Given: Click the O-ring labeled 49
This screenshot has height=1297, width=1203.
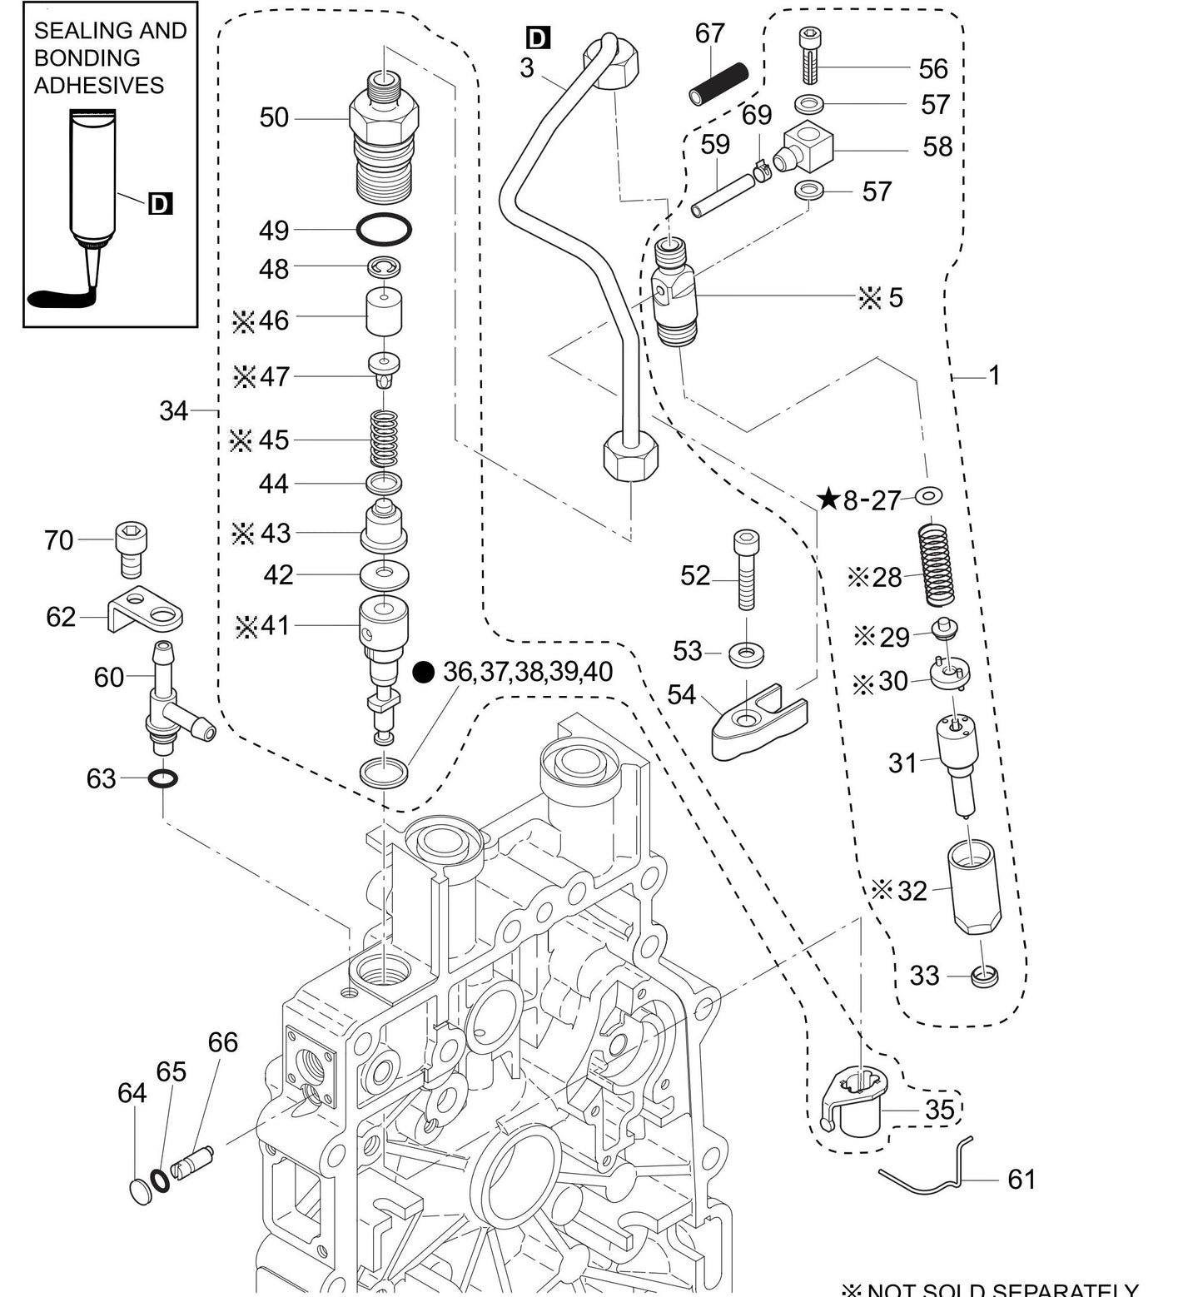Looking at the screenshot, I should click(384, 230).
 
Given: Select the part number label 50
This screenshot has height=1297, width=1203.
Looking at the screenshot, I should click(274, 117).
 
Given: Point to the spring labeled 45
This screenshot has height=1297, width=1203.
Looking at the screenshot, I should click(384, 439).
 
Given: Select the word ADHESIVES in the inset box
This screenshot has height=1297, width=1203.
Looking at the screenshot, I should click(98, 85).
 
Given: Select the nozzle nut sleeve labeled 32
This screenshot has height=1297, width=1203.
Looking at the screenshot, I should click(977, 887).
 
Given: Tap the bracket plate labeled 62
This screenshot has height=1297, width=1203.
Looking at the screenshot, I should click(146, 611).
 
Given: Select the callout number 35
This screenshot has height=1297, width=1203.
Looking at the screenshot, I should click(939, 1109).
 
